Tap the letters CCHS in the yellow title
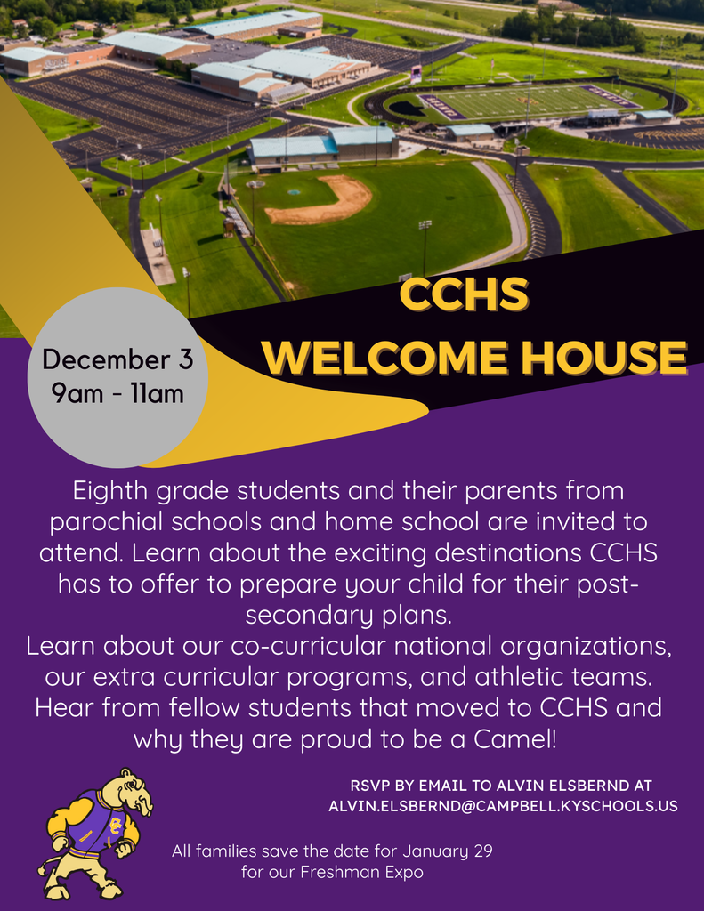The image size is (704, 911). [463, 296]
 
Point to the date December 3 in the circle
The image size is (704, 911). [117, 360]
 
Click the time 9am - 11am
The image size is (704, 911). [117, 391]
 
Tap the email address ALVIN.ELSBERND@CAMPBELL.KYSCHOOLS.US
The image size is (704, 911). [503, 806]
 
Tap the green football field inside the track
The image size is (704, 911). [525, 102]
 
